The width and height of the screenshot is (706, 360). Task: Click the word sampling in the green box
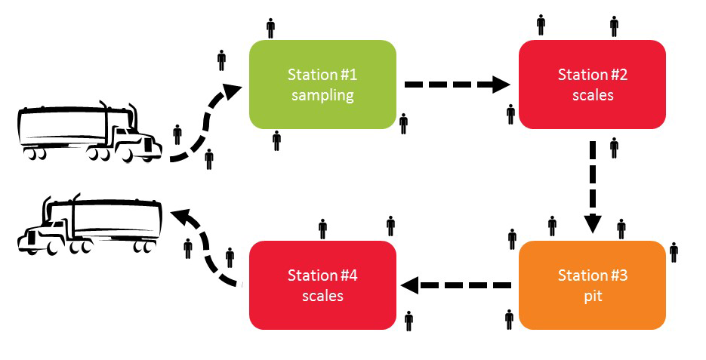322,96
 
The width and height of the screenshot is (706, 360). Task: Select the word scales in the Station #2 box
592,96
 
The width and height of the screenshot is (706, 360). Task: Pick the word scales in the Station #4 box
322,296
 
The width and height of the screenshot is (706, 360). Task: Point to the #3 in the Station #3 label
618,275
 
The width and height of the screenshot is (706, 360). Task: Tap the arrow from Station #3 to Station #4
456,285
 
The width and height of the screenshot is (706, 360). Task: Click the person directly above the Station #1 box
271,28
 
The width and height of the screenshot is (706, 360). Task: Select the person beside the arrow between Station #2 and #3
614,147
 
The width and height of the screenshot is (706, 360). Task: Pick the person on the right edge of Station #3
674,252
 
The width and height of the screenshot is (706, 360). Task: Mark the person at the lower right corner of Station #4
408,321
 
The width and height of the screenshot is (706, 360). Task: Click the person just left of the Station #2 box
511,114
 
